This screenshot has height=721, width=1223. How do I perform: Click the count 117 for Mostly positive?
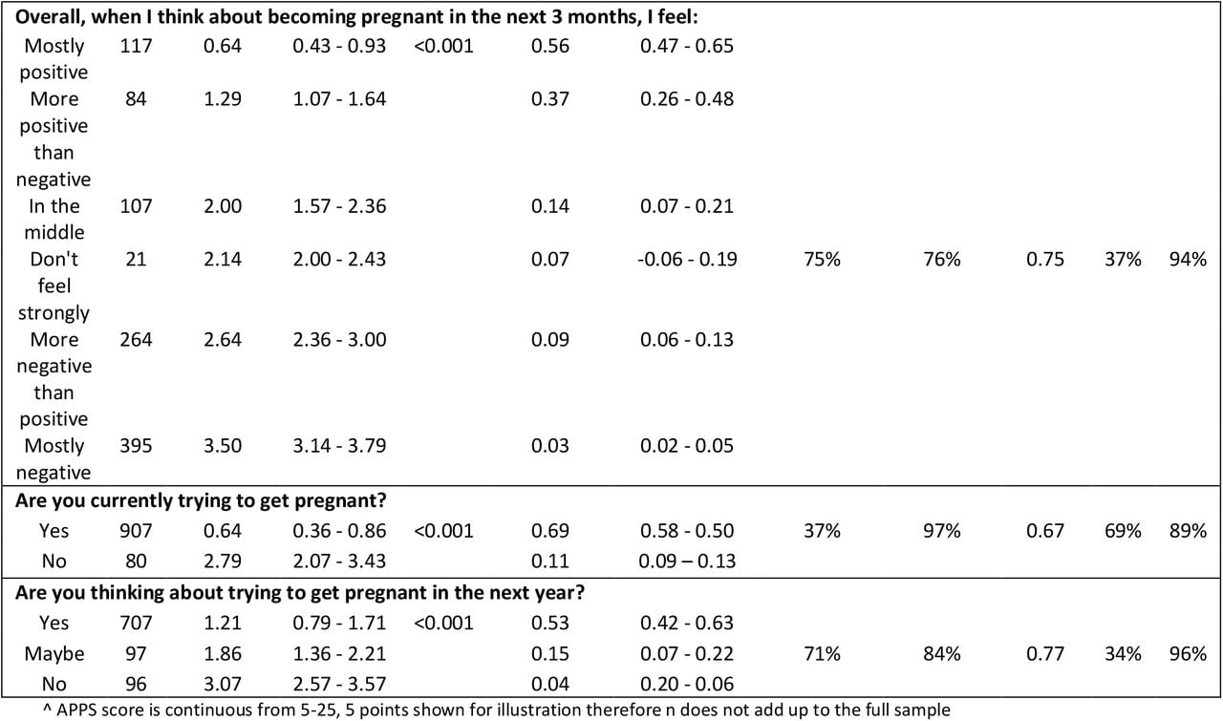pyautogui.click(x=136, y=46)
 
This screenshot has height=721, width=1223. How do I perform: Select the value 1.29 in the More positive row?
pyautogui.click(x=223, y=98)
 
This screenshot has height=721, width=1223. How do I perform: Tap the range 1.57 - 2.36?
pyautogui.click(x=339, y=206)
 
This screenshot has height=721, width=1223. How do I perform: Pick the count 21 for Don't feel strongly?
pyautogui.click(x=136, y=259)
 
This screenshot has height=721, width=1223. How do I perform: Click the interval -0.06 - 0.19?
pyautogui.click(x=687, y=259)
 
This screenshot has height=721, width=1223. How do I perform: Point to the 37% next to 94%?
pyautogui.click(x=1123, y=259)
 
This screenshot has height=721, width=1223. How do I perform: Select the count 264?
pyautogui.click(x=136, y=339)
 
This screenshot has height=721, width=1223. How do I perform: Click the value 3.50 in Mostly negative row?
pyautogui.click(x=223, y=446)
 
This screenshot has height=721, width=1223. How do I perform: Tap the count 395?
pyautogui.click(x=136, y=446)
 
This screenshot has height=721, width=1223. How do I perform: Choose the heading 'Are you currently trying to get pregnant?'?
pyautogui.click(x=201, y=501)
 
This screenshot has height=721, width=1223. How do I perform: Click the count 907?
pyautogui.click(x=136, y=531)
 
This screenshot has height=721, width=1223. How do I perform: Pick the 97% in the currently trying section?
pyautogui.click(x=942, y=531)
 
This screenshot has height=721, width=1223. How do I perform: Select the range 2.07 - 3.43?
pyautogui.click(x=339, y=562)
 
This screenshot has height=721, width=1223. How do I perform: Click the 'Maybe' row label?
pyautogui.click(x=54, y=654)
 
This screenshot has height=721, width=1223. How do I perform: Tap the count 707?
pyautogui.click(x=136, y=623)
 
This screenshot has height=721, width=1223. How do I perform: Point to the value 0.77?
pyautogui.click(x=1045, y=654)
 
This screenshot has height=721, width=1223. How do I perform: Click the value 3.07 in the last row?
pyautogui.click(x=223, y=684)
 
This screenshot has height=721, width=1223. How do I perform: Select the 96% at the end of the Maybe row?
pyautogui.click(x=1188, y=654)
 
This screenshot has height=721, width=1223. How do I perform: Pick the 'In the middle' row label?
pyautogui.click(x=54, y=220)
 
